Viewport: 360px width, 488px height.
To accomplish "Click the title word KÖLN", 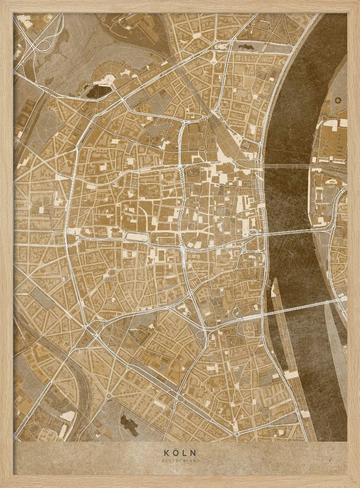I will tap(180, 453).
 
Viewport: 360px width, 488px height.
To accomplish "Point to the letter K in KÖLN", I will tap(166, 453).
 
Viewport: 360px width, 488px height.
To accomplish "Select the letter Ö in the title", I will tap(176, 453).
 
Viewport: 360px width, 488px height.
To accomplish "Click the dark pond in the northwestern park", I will tap(98, 91).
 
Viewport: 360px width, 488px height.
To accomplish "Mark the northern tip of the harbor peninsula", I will tap(274, 282).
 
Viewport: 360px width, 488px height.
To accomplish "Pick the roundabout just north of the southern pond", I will tap(108, 396).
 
